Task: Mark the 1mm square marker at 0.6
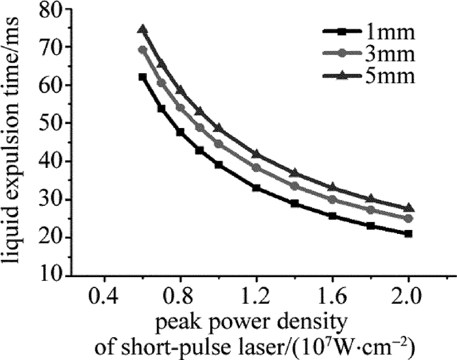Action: click(x=143, y=77)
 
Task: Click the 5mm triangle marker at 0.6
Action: click(x=143, y=29)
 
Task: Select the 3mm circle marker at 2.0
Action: click(x=409, y=218)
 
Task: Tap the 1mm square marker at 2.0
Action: click(x=409, y=233)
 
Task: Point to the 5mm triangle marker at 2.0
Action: click(x=409, y=208)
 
